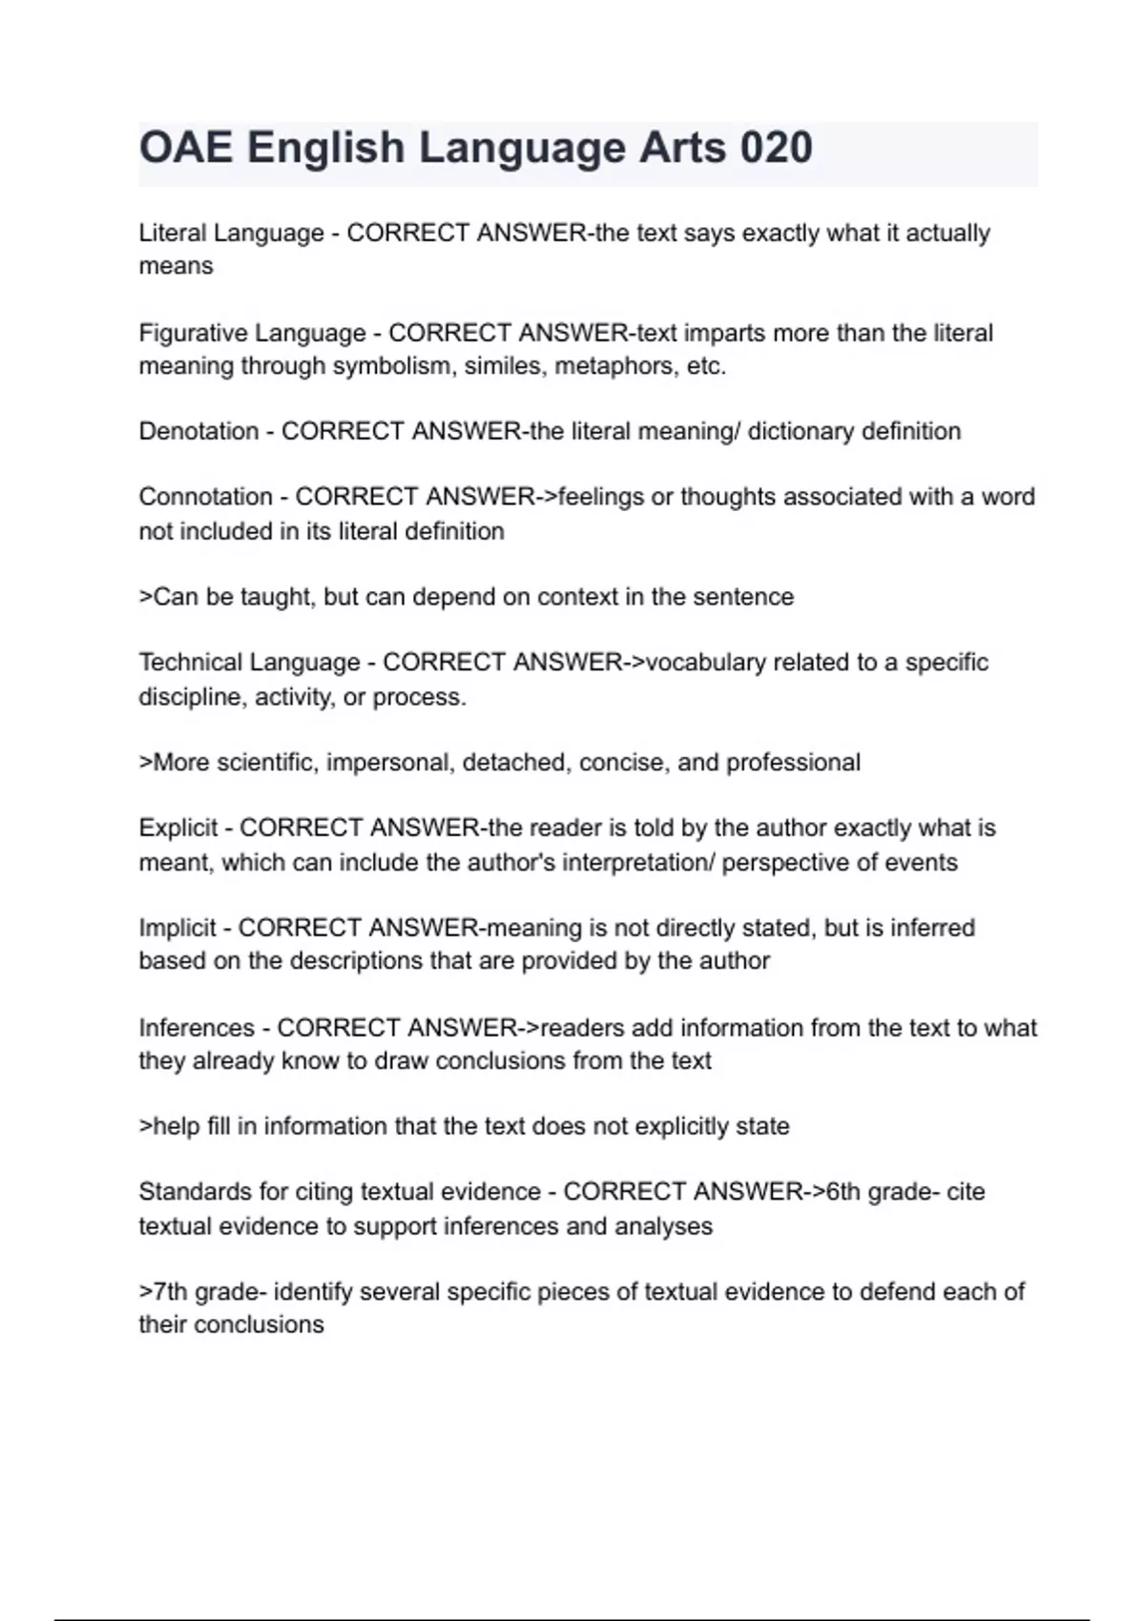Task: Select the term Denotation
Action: [x=198, y=431]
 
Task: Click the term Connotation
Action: [x=205, y=497]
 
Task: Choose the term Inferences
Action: [x=197, y=1028]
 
